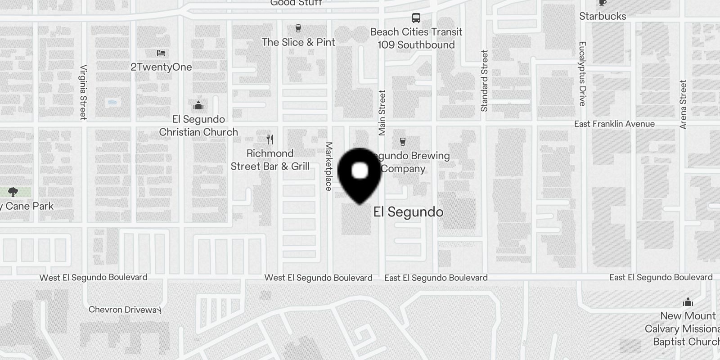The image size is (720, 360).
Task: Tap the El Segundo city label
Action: [x=408, y=212]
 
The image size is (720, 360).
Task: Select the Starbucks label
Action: [x=603, y=16]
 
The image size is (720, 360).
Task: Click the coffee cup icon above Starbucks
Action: [x=602, y=3]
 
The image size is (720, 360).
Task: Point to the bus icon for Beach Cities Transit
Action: [x=416, y=18]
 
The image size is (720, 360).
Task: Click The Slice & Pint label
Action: [x=298, y=42]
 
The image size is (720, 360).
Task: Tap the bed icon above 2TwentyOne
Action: [x=161, y=53]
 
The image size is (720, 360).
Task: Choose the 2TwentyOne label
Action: [x=161, y=67]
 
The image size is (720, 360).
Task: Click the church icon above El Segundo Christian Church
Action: [x=198, y=106]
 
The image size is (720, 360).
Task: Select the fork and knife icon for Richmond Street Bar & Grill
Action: [x=270, y=139]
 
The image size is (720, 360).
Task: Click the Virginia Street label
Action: [x=83, y=92]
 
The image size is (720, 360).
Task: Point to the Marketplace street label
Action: [x=329, y=166]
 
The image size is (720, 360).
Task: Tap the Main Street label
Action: [x=382, y=112]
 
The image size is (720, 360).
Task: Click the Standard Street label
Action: [x=484, y=81]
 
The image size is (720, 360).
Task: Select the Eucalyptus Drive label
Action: [x=582, y=74]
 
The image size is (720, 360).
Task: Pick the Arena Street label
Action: [x=683, y=104]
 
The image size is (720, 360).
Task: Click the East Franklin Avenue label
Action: [x=614, y=124]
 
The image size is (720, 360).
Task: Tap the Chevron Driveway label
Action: [x=125, y=310]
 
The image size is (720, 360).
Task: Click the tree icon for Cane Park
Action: [x=13, y=192]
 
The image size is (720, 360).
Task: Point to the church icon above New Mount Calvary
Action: [x=688, y=302]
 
